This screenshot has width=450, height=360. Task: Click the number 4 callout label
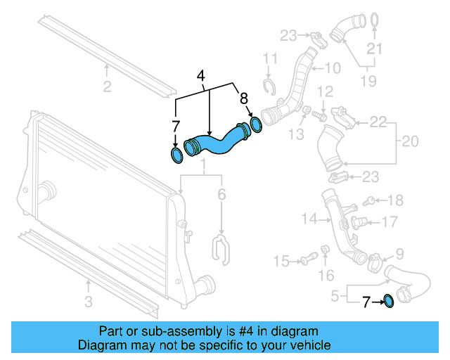(x=201, y=75)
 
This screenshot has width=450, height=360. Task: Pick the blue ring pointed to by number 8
(x=257, y=125)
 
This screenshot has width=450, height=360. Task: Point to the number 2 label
(x=107, y=87)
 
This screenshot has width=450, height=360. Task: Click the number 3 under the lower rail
(x=89, y=303)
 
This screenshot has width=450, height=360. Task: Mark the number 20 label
(x=410, y=141)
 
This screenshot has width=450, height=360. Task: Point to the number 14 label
(x=309, y=219)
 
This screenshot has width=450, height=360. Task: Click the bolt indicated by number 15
(x=307, y=262)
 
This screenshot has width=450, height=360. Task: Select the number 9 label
(x=399, y=253)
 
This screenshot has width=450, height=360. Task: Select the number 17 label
(x=390, y=221)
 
